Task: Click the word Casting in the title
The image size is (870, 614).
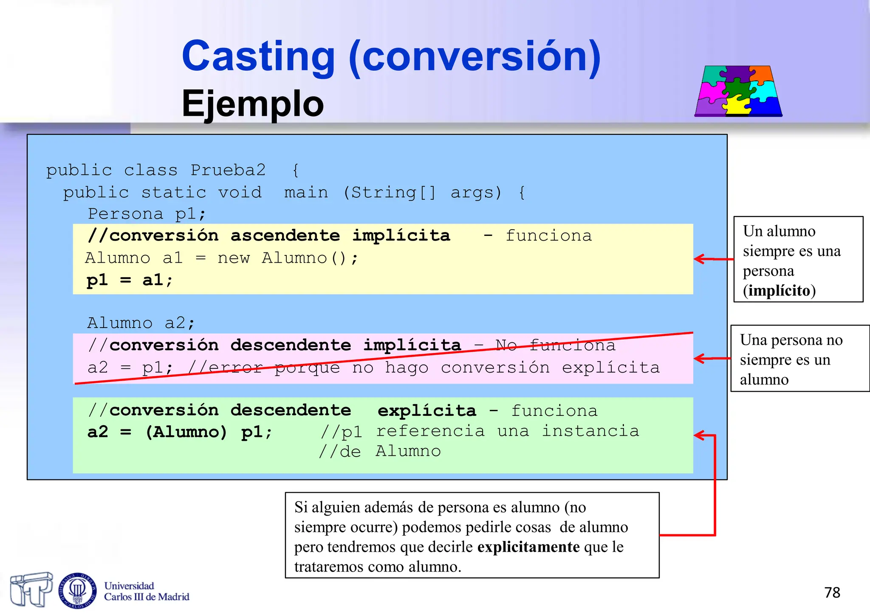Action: point(258,56)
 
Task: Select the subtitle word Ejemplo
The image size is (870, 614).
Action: point(252,104)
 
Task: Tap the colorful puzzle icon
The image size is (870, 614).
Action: point(738,91)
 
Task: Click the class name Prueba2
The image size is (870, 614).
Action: point(228,170)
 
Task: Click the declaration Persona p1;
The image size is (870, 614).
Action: point(147,214)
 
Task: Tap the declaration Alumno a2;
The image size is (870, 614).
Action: point(141,323)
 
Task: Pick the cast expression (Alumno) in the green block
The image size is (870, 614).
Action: point(186,432)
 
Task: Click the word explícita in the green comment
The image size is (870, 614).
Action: point(427,411)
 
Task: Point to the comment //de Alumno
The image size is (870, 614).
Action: point(380,451)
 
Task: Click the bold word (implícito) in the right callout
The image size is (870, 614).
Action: point(779,291)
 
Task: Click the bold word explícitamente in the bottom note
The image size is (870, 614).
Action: point(528,547)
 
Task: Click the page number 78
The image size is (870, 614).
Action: point(832,592)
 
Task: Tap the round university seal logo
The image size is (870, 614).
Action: point(77,590)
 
